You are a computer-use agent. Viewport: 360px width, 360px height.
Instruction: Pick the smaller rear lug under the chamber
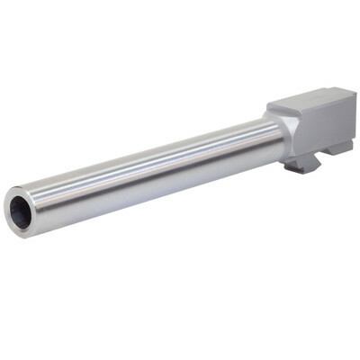click(340, 148)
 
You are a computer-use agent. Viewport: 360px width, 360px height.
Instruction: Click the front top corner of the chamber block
click(270, 107)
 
